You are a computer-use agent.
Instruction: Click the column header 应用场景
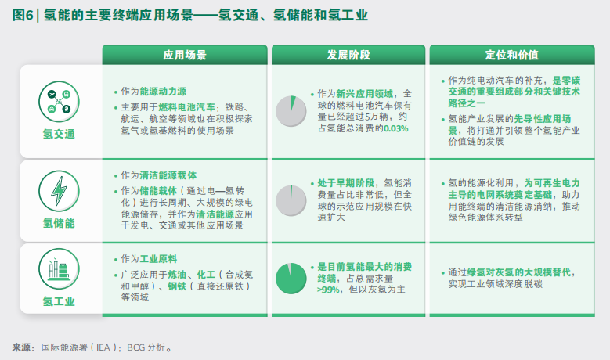click(184, 55)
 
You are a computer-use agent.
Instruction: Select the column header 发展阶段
click(348, 55)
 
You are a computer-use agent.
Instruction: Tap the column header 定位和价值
click(511, 55)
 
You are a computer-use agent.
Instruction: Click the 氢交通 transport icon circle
click(59, 102)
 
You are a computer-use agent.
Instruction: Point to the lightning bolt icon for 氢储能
click(59, 191)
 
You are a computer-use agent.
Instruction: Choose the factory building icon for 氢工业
click(59, 269)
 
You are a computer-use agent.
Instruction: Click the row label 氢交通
click(59, 134)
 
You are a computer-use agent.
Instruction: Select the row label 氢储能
click(59, 223)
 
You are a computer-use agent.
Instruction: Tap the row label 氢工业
click(59, 301)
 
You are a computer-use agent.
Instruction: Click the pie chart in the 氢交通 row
click(291, 111)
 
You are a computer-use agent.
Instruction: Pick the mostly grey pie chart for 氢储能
click(291, 200)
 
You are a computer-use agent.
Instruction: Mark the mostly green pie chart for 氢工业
click(291, 279)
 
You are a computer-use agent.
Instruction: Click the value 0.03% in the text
click(396, 128)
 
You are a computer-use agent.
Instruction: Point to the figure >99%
click(329, 290)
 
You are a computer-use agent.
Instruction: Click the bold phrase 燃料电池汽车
click(186, 107)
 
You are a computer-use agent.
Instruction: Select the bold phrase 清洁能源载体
click(168, 175)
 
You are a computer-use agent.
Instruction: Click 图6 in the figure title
click(23, 15)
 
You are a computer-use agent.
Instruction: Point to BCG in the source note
click(135, 347)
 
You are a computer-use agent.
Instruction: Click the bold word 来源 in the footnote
click(21, 347)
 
